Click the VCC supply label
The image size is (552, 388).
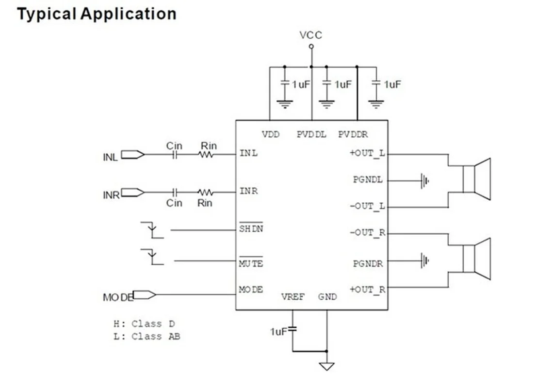click(x=310, y=35)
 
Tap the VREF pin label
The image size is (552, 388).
click(x=292, y=296)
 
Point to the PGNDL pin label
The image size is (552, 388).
click(x=368, y=180)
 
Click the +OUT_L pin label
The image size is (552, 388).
click(x=367, y=153)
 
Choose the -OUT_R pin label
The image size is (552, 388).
click(x=367, y=233)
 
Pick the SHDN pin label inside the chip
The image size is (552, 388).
click(x=251, y=228)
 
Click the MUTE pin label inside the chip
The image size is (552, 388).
click(x=251, y=264)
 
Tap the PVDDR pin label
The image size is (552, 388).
click(x=353, y=134)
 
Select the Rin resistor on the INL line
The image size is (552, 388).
click(x=206, y=155)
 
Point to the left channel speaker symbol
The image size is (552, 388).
click(x=476, y=179)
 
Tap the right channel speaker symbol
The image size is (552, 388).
click(x=476, y=259)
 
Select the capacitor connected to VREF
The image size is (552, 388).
click(x=292, y=329)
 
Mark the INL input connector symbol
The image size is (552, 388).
click(x=132, y=155)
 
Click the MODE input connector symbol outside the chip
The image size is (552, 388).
click(x=144, y=294)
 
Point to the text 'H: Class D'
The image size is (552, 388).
click(x=144, y=323)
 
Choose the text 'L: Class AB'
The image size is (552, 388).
click(x=146, y=336)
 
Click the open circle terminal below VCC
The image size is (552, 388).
click(x=311, y=47)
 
